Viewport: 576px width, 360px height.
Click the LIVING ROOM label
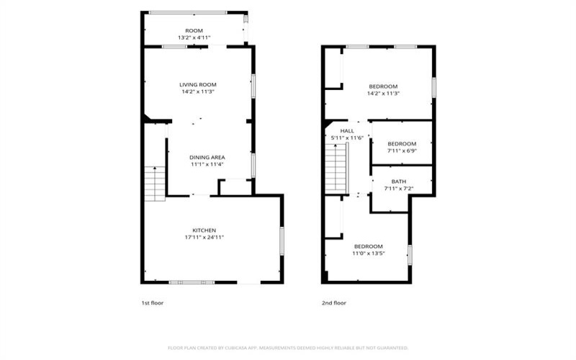(197, 84)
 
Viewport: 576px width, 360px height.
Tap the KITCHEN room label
(204, 230)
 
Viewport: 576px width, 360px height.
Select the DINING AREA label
(207, 157)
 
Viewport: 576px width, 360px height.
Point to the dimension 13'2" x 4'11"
(194, 37)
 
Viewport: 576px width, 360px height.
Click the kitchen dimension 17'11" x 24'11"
(204, 238)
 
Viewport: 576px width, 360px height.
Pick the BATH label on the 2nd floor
(399, 181)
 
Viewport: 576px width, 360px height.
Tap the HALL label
(347, 131)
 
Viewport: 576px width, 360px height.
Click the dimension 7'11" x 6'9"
(402, 150)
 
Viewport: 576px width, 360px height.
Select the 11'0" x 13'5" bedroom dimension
(369, 253)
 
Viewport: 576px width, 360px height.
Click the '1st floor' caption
(153, 303)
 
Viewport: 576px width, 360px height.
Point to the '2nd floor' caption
(334, 303)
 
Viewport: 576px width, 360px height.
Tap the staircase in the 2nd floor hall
(336, 168)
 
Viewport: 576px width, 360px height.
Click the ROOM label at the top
(194, 30)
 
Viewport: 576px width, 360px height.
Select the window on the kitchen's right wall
(282, 241)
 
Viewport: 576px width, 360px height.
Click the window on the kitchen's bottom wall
(192, 282)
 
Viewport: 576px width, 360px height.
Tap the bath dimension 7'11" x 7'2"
(399, 189)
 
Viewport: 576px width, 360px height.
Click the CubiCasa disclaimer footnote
(288, 348)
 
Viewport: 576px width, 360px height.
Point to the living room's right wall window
(253, 86)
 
